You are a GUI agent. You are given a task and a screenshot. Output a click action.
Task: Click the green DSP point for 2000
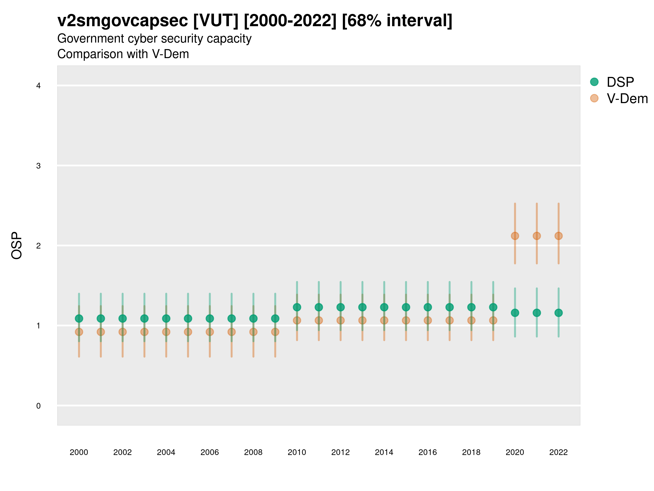79,318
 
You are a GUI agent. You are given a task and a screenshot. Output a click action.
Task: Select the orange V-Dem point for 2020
515,236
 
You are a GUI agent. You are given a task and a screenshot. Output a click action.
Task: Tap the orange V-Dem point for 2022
559,236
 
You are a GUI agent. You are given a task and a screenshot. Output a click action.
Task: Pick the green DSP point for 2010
297,307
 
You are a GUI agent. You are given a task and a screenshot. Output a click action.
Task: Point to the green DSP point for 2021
537,313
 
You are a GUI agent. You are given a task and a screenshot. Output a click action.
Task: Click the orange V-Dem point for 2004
166,332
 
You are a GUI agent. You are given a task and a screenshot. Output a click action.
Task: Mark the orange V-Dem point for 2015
406,321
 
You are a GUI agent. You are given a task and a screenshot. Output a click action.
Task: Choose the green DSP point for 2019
493,307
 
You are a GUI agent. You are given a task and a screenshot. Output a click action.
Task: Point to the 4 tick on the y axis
38,86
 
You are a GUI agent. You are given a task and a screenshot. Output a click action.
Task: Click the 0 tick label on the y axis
38,406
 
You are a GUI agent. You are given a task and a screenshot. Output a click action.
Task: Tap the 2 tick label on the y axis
38,246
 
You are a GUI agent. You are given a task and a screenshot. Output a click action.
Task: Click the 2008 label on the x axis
253,452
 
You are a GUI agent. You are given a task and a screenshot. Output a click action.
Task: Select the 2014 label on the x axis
384,452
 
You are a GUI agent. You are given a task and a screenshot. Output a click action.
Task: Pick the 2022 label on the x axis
559,452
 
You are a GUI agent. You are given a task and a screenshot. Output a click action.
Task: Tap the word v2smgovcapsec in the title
122,21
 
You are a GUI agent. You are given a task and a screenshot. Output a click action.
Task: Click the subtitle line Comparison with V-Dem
123,54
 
